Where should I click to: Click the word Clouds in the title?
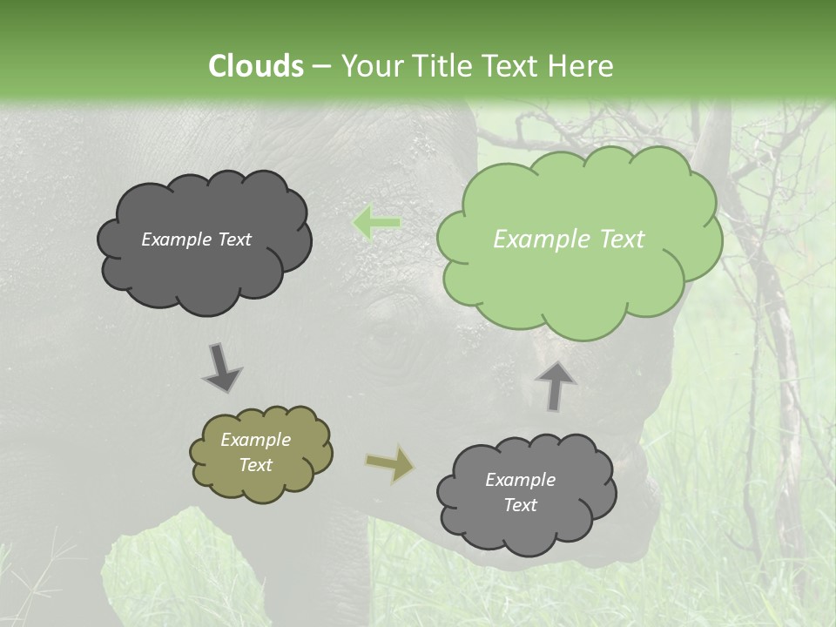(255, 66)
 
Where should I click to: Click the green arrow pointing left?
(376, 223)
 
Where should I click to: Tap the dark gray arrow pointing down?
(221, 367)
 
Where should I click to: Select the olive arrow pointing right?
(390, 463)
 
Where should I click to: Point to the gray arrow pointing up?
(555, 386)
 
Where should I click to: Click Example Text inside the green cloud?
(569, 239)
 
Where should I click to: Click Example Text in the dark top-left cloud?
(196, 239)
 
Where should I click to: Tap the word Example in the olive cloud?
(255, 440)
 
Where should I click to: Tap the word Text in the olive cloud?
(255, 465)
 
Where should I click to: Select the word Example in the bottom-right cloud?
(520, 480)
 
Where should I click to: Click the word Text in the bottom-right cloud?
(520, 505)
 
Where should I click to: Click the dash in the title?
(320, 66)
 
